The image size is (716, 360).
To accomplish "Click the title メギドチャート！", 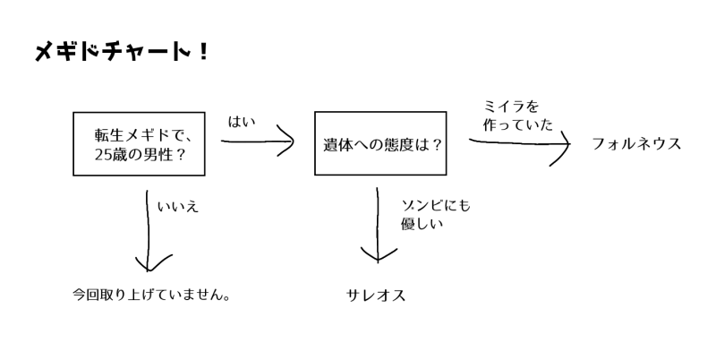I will point(122,53).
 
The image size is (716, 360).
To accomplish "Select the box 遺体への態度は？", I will point(380,143).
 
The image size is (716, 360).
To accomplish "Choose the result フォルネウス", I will point(636,143).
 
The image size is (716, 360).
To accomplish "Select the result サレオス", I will point(376,295).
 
